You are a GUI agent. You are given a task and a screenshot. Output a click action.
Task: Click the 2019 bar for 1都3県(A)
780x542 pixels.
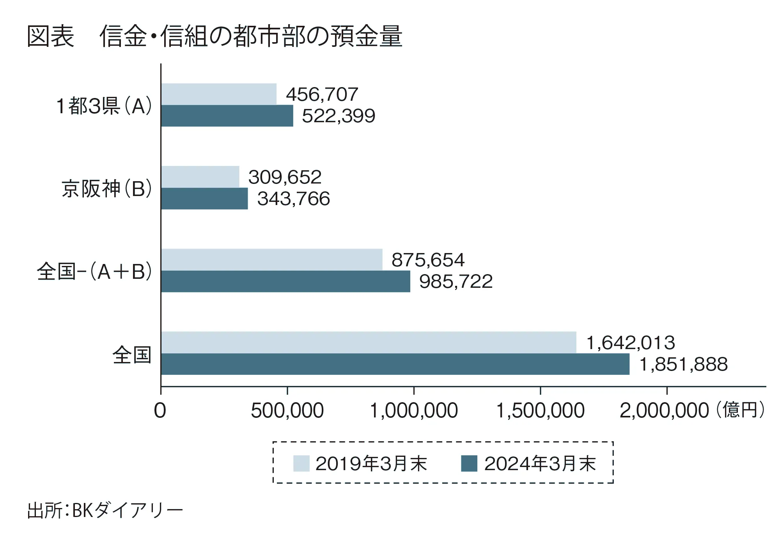click(219, 94)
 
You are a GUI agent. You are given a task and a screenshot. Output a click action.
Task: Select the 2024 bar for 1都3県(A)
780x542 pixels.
click(227, 116)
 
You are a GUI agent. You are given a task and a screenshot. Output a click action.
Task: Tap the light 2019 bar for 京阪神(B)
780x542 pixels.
click(200, 177)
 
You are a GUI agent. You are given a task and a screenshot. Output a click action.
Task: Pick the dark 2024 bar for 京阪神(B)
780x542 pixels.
click(204, 198)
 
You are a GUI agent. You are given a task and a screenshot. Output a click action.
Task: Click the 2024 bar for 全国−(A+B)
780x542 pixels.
click(285, 281)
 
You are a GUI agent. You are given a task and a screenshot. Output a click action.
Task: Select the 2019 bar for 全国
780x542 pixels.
click(369, 342)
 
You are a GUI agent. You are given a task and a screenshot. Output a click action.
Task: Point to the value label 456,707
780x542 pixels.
click(322, 94)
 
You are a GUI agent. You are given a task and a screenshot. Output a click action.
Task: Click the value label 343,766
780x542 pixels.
click(293, 199)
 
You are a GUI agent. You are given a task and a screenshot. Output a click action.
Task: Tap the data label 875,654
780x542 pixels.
click(428, 260)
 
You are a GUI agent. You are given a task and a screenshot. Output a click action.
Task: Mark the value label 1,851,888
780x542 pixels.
click(683, 364)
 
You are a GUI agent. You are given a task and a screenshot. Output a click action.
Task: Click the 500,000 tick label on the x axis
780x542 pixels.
click(287, 411)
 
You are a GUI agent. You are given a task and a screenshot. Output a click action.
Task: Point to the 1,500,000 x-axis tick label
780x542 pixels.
click(540, 411)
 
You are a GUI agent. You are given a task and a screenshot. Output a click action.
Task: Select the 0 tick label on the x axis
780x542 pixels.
click(160, 411)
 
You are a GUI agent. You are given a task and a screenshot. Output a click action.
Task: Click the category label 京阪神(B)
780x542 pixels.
click(106, 189)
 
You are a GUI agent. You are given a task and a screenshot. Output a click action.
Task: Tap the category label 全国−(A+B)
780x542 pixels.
click(94, 272)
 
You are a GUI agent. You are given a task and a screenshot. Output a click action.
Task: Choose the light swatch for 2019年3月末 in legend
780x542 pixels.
click(301, 464)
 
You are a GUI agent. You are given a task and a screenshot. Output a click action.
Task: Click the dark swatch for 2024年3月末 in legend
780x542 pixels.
click(469, 464)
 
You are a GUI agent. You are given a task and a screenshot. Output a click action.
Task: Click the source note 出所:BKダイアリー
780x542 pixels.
click(105, 510)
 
